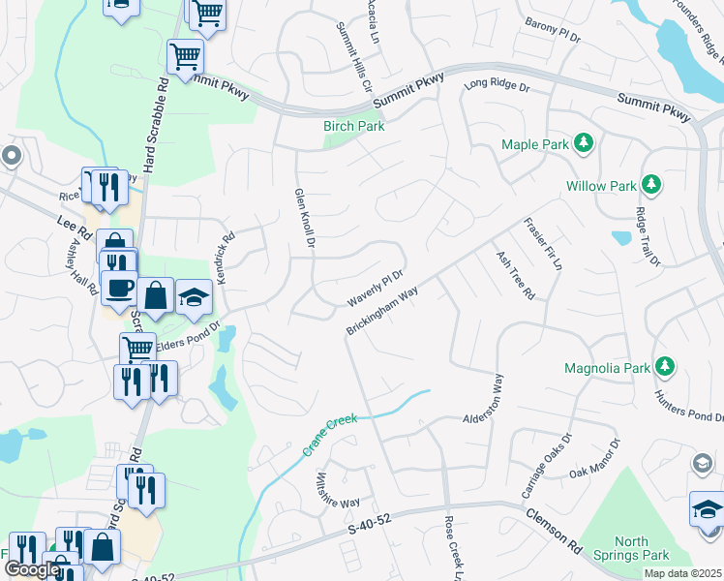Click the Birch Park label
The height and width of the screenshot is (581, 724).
[353, 126]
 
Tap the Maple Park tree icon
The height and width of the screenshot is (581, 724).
[584, 144]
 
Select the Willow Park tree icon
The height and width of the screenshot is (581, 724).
[651, 184]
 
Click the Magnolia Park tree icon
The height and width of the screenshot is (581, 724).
[664, 366]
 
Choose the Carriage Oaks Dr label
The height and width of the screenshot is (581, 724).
[540, 471]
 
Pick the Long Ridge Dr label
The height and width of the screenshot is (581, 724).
[498, 86]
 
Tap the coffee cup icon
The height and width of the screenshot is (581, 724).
[120, 288]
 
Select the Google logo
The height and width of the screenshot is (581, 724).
[32, 570]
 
